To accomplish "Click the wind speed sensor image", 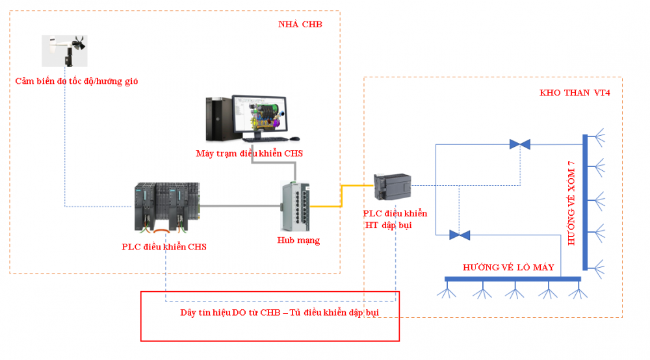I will (65, 51).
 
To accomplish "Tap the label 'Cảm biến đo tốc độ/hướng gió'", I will (77, 81).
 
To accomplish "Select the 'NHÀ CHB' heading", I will (300, 24).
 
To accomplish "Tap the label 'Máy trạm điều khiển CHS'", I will (249, 153).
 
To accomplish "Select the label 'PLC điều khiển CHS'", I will (164, 247).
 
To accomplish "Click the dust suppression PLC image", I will (392, 188).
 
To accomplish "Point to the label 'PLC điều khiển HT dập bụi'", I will (395, 219).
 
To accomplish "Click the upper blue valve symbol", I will (519, 144).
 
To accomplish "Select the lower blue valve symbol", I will (460, 235).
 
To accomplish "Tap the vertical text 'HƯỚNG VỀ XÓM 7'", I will (571, 202).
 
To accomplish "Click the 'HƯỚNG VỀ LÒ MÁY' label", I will (508, 267).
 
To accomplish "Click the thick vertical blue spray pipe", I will (585, 201).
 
